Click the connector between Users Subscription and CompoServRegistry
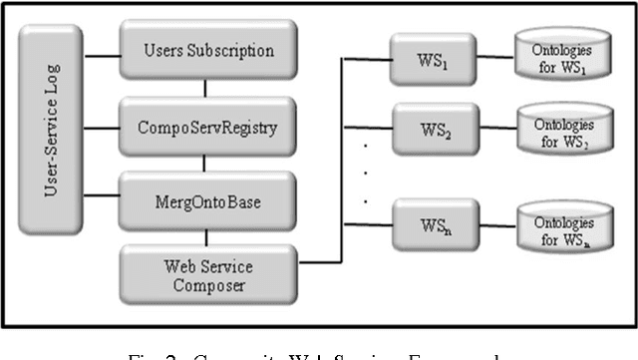pos(206,88)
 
